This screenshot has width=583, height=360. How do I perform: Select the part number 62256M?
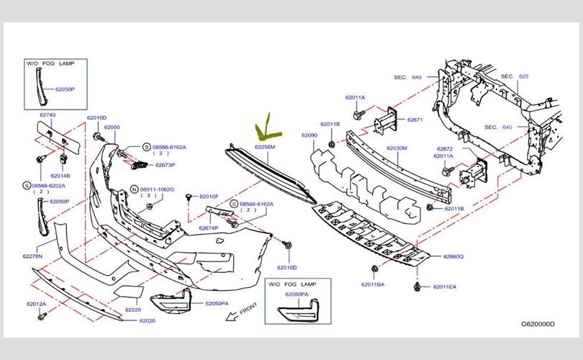[x=265, y=147]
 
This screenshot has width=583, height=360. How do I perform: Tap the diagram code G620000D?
[x=538, y=324]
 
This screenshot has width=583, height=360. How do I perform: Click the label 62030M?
[x=397, y=148]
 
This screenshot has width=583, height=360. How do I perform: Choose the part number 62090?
[x=309, y=135]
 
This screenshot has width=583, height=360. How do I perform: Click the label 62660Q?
[x=453, y=256]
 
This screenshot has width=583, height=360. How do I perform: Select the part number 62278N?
[x=32, y=256]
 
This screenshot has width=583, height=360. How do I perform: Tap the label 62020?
[x=148, y=320]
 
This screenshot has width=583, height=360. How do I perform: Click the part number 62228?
[x=133, y=310]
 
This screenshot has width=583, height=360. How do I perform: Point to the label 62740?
[x=48, y=115]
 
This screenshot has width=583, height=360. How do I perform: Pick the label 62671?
[x=415, y=120]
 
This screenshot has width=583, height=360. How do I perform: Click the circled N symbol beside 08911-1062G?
[x=135, y=189]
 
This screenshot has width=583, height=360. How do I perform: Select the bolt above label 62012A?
[x=42, y=317]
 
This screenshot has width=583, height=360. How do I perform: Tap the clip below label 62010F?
[x=189, y=197]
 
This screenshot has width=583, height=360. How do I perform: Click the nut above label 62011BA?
[x=374, y=269]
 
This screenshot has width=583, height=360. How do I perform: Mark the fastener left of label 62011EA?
[x=417, y=287]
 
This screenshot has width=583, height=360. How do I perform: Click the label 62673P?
[x=165, y=165]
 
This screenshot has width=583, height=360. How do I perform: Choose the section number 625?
[x=523, y=76]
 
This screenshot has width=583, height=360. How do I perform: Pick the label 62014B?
[x=60, y=176]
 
